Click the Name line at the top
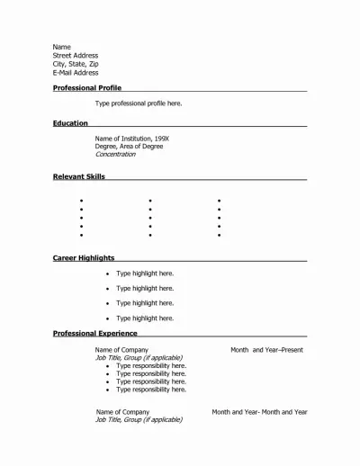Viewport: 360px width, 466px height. (61, 47)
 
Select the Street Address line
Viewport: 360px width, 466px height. (76, 56)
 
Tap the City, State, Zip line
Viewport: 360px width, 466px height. (76, 64)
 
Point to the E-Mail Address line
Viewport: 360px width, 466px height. (76, 73)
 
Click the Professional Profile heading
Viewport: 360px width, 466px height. (86, 88)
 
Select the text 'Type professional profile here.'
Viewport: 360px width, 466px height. (139, 103)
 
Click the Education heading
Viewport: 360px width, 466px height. (70, 123)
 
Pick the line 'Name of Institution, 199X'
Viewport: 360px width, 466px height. (131, 139)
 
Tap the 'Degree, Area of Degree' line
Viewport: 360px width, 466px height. (129, 147)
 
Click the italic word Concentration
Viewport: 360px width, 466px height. (115, 155)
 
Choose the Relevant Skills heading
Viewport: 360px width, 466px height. (78, 177)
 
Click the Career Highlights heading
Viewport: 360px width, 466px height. (83, 258)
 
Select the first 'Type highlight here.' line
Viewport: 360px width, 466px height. (145, 273)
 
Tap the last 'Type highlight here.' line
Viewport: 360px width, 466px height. (145, 318)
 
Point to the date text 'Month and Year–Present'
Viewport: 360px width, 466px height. (266, 350)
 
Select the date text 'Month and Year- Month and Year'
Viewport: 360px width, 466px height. (259, 412)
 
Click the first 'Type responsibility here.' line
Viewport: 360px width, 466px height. (151, 366)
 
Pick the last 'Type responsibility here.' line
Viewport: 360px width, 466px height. (151, 390)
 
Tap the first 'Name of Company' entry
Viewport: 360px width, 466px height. (121, 350)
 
